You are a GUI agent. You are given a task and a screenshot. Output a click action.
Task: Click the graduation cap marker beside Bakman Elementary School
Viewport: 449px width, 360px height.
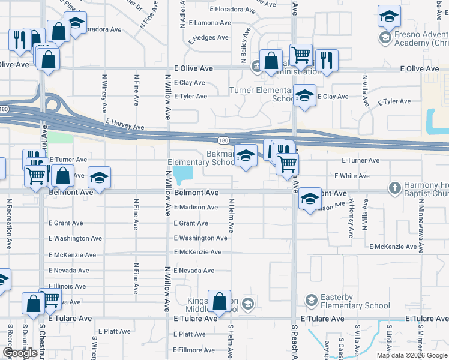245,156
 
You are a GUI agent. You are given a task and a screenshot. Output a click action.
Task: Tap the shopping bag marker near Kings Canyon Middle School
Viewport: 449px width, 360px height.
220,302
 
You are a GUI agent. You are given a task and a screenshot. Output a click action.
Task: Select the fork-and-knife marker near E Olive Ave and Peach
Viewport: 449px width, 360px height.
326,61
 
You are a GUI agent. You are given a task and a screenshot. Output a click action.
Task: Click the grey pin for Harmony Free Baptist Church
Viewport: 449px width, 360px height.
395,187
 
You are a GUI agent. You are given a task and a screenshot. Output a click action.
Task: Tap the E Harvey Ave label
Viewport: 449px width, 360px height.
125,124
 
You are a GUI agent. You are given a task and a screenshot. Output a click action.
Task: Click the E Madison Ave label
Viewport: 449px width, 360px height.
196,207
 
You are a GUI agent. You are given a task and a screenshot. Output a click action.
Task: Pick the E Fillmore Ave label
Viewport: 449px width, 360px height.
196,350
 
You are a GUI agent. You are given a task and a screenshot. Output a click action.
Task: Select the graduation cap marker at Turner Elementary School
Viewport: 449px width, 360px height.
304,96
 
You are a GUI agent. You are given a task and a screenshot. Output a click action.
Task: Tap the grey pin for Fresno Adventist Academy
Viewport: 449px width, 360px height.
384,38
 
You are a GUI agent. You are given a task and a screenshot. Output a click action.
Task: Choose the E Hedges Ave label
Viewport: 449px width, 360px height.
208,37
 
